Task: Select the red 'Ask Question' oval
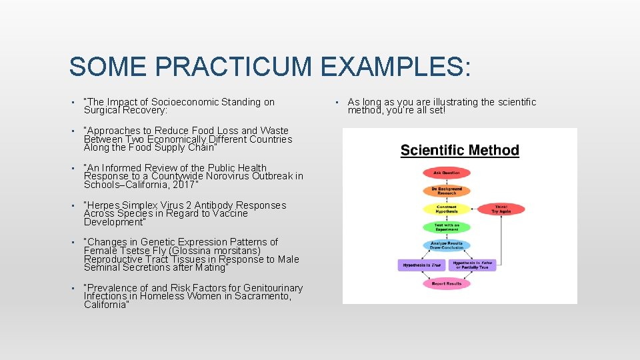[446, 173]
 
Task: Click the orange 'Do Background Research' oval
[446, 191]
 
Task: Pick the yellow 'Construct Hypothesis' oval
[446, 209]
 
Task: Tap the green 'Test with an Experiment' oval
[446, 227]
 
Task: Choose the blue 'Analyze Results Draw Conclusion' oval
[446, 245]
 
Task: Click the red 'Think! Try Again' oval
[501, 209]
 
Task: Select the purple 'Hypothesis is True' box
[421, 265]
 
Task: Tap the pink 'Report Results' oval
[446, 283]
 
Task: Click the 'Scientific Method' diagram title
[459, 150]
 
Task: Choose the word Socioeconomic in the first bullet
[185, 102]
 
